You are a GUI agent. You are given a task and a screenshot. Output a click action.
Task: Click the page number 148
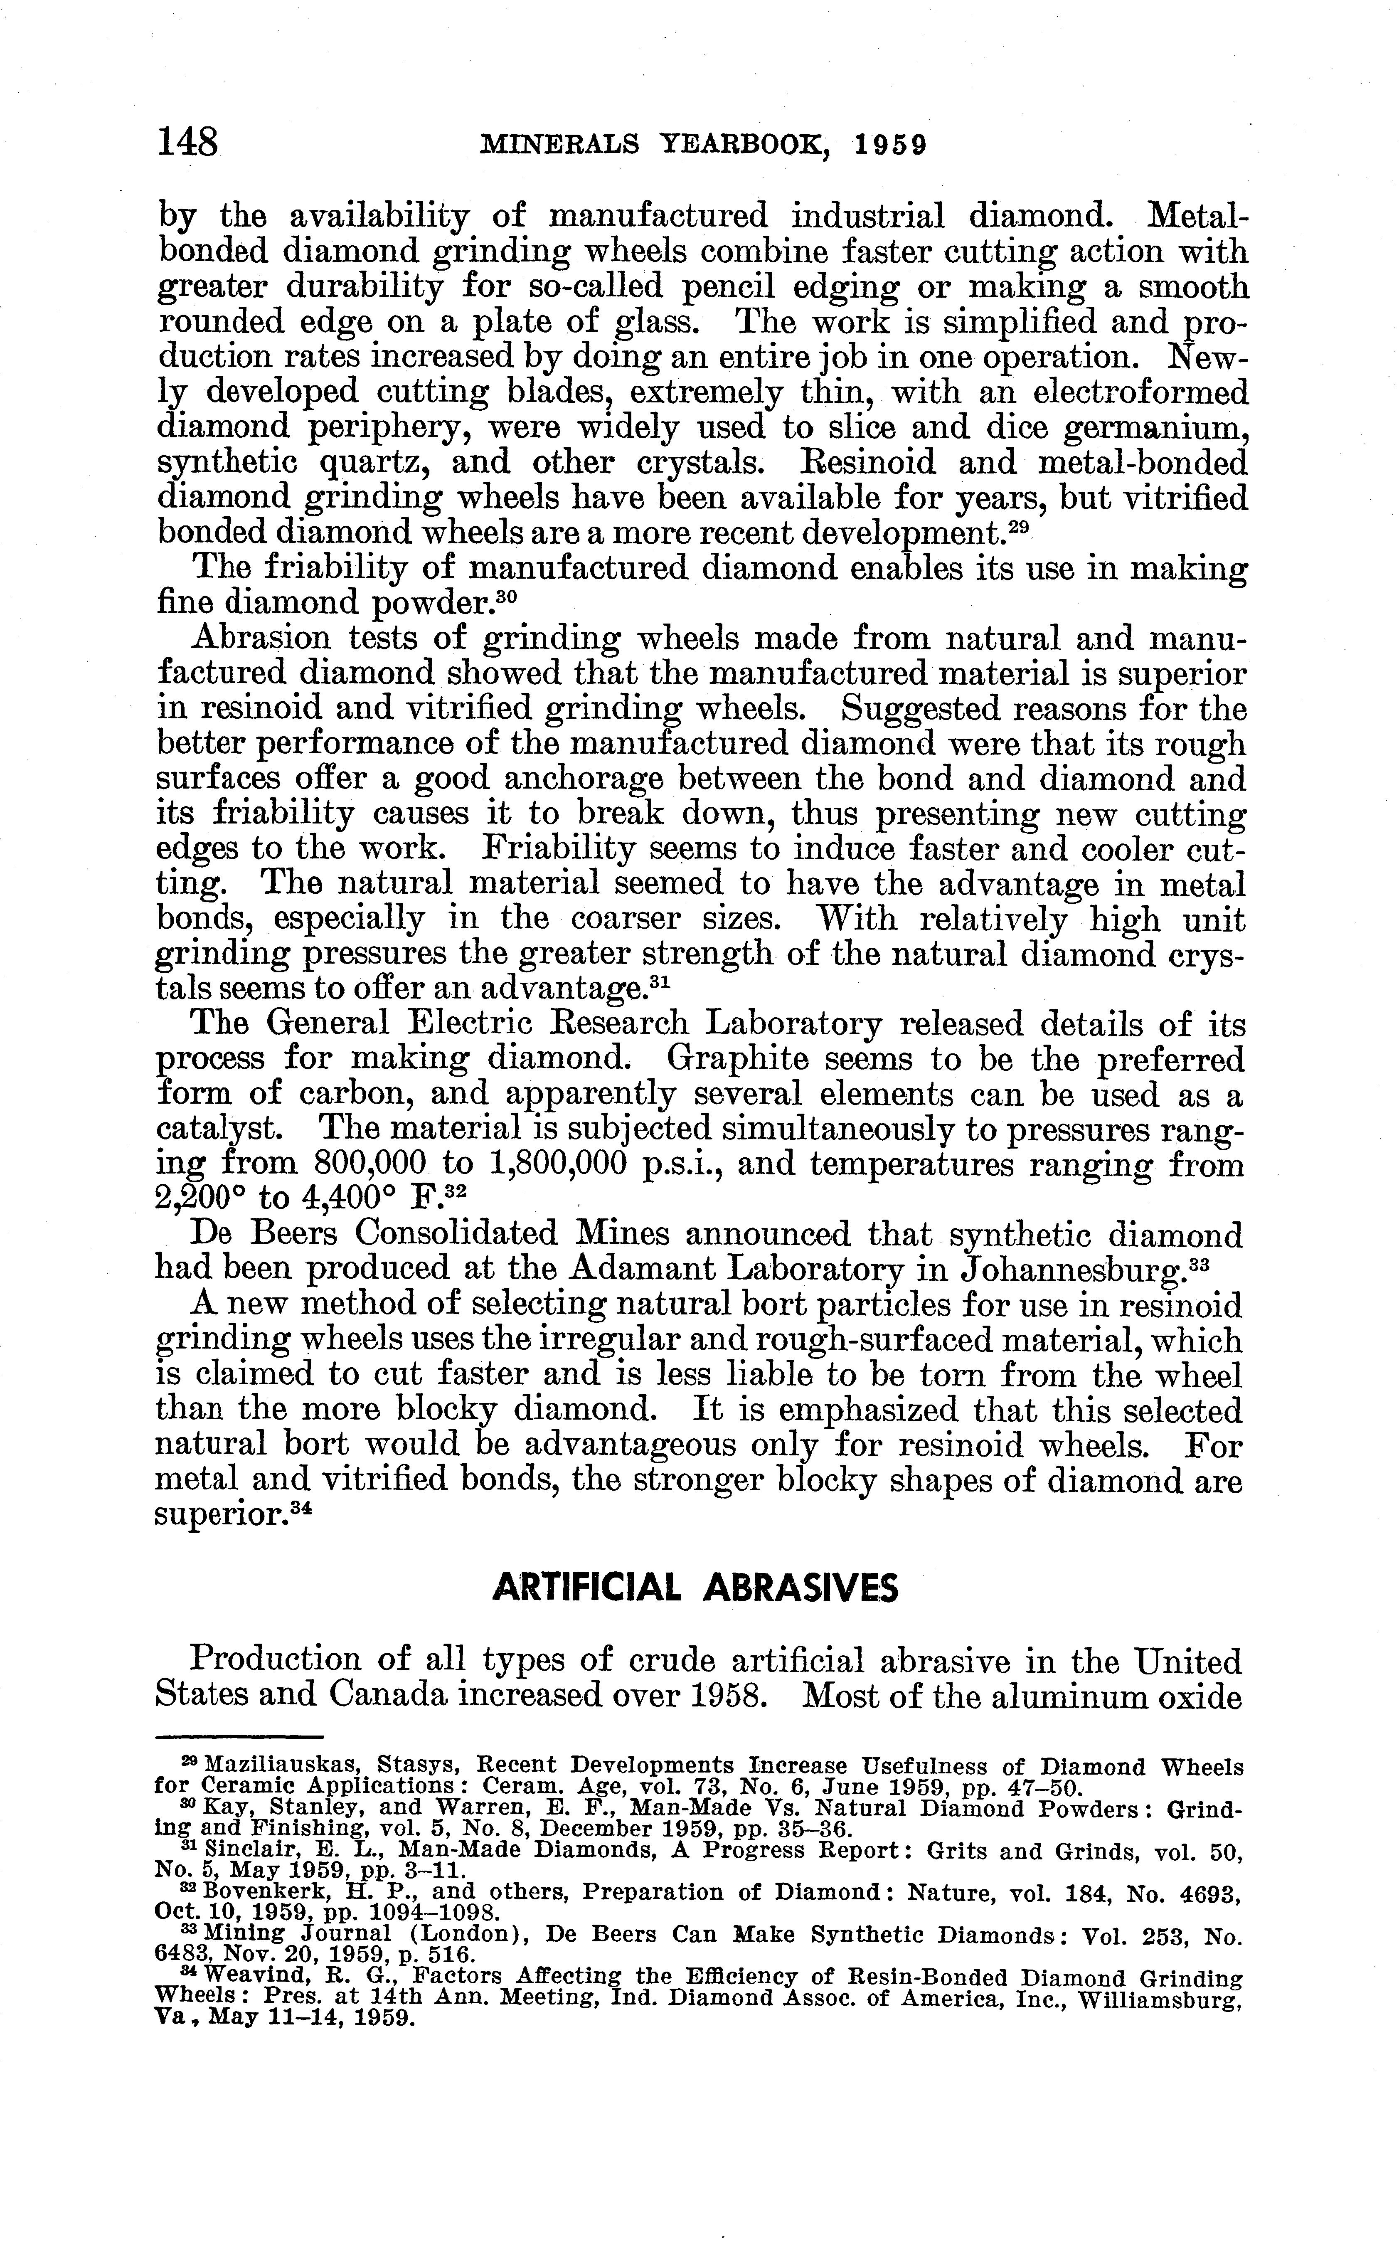189,143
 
